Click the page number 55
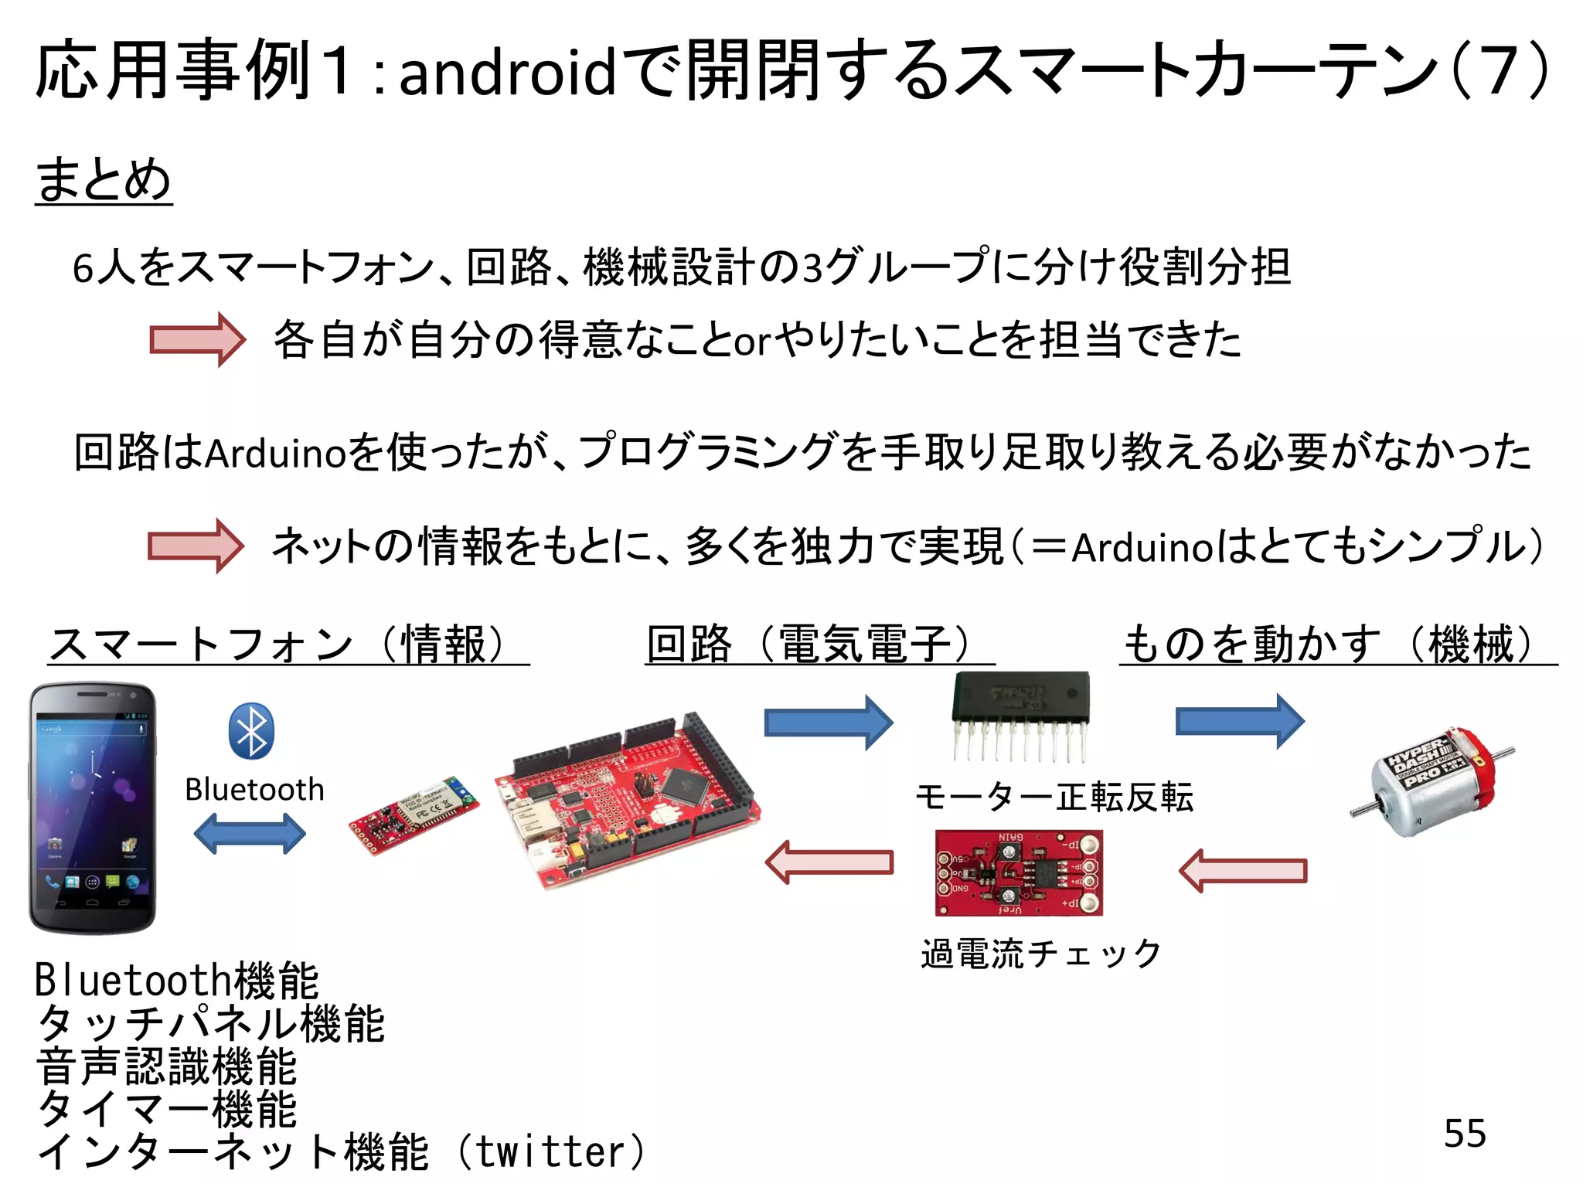(x=1464, y=1134)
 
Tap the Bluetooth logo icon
(x=251, y=731)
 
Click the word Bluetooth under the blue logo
(x=254, y=790)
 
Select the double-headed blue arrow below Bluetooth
(x=250, y=835)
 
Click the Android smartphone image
(x=93, y=808)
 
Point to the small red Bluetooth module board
(x=413, y=815)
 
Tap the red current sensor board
(x=1018, y=873)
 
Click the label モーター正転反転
(x=1054, y=797)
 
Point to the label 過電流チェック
(x=1040, y=954)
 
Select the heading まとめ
(x=103, y=179)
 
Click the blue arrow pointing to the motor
(x=1239, y=722)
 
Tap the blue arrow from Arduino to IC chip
(x=828, y=723)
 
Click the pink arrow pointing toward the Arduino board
(x=829, y=862)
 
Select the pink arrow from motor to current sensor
(x=1242, y=871)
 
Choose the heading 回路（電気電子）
(x=819, y=644)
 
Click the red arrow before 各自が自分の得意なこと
(x=197, y=339)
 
